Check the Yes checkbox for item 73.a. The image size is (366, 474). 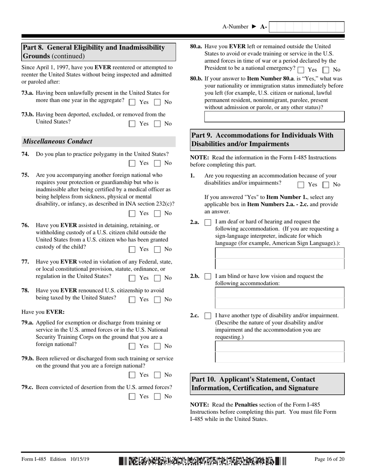[x=132, y=103]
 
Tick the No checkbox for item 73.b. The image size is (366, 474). [x=157, y=124]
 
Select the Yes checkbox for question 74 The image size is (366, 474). [x=132, y=163]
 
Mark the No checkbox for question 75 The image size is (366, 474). [x=157, y=213]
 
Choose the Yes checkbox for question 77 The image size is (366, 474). [x=132, y=278]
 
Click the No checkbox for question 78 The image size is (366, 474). [x=157, y=299]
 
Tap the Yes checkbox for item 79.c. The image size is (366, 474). [x=132, y=397]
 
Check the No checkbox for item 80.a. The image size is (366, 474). [x=326, y=70]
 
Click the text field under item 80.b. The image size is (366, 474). [x=274, y=117]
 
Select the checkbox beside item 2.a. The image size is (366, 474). [x=208, y=223]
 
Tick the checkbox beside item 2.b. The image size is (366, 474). [x=208, y=277]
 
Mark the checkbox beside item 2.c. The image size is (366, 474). [x=208, y=316]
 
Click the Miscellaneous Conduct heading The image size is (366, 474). [x=57, y=141]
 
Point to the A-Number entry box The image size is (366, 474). [x=306, y=27]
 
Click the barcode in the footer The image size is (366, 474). [x=203, y=460]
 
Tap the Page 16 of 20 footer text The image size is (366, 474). [x=329, y=459]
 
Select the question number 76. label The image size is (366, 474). [x=25, y=225]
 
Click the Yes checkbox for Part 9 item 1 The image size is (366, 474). [x=301, y=185]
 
